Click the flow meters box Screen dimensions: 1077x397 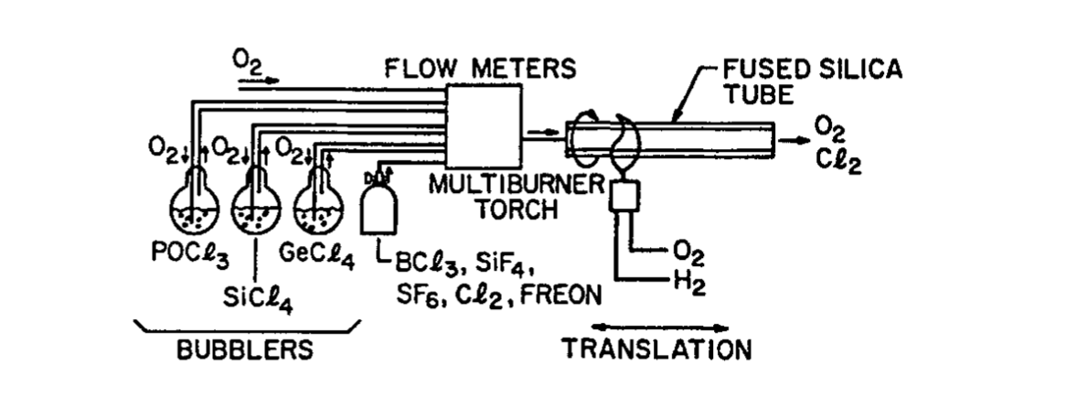point(484,126)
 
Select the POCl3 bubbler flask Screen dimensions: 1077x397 point(195,202)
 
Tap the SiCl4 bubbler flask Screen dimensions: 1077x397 point(256,202)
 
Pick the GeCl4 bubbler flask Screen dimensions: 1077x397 point(318,202)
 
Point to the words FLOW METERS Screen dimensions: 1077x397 point(480,69)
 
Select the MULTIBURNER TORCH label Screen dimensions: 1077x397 point(516,197)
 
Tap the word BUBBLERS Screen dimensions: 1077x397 point(245,350)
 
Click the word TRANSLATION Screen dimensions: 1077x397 point(656,349)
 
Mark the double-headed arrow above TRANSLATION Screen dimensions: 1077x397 point(660,327)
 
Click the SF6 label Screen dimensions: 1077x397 point(416,296)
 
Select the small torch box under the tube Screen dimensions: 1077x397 point(624,195)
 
